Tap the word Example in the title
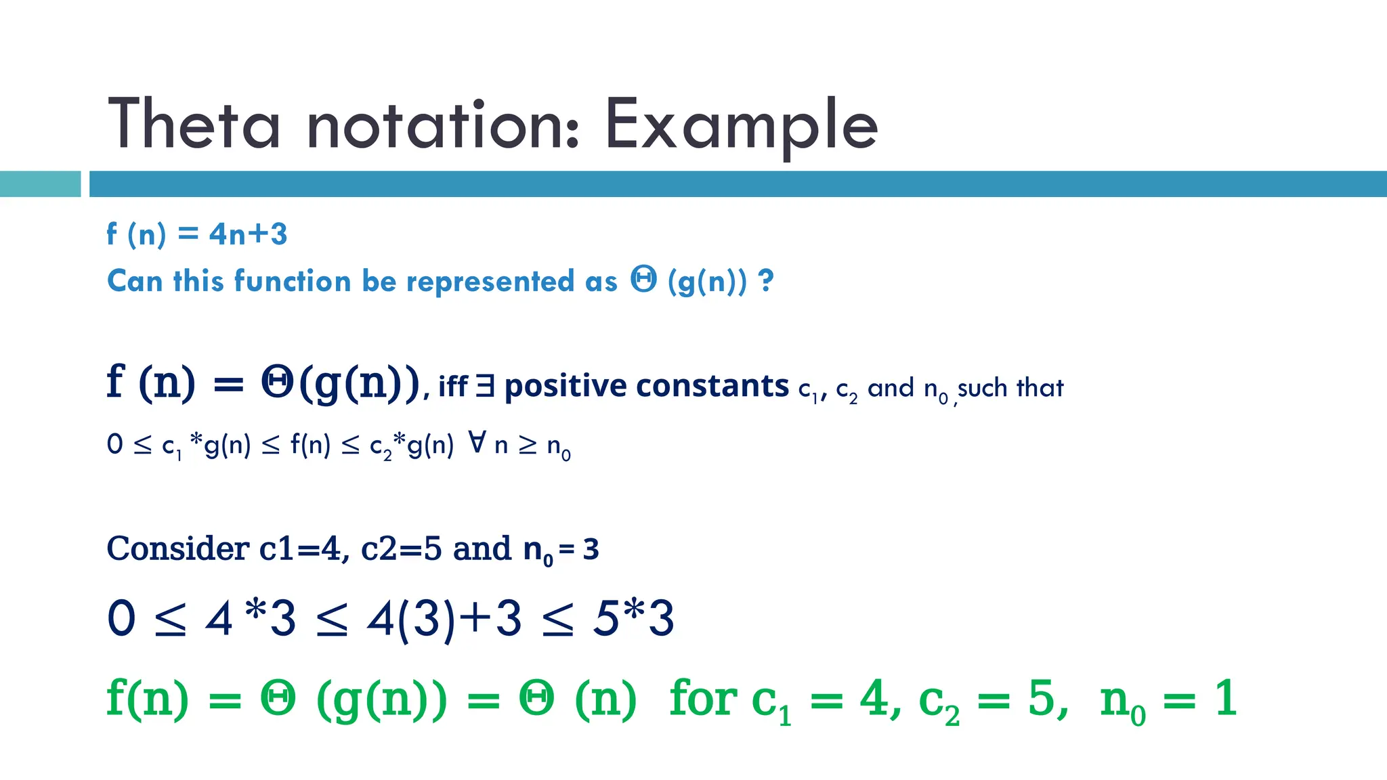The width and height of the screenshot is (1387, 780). pos(741,126)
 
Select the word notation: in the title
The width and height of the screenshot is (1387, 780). pos(444,126)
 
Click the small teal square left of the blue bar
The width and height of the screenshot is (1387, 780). pos(40,184)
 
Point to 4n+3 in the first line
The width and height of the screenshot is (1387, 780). pos(248,234)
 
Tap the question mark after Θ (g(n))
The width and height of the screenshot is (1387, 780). pos(766,280)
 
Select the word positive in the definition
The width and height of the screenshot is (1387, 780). pos(566,386)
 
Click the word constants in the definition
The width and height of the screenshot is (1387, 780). pos(712,386)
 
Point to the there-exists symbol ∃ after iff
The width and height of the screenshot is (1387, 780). pos(484,387)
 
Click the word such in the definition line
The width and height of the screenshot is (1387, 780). pos(982,388)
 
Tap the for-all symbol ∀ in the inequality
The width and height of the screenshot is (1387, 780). pos(477,443)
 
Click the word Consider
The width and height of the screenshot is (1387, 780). pos(178,548)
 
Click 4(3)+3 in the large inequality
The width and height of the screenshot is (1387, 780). pos(444,619)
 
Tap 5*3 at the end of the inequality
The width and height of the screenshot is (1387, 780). pos(633,619)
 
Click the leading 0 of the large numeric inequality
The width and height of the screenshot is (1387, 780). pos(122,619)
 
